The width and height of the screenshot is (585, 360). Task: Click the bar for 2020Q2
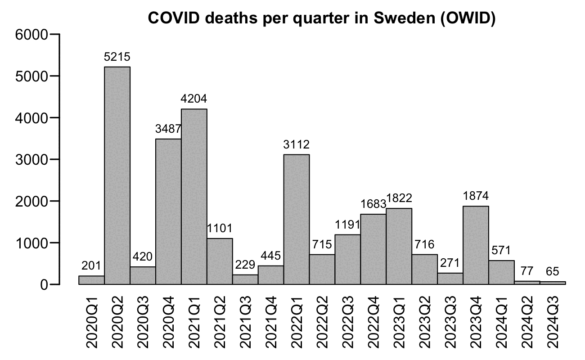pyautogui.click(x=117, y=175)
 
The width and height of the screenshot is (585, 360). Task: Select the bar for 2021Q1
pyautogui.click(x=194, y=196)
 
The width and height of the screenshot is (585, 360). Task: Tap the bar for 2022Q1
pyautogui.click(x=297, y=219)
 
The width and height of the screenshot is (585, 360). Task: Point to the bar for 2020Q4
pyautogui.click(x=168, y=211)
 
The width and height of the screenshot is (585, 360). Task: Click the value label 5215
pyautogui.click(x=117, y=58)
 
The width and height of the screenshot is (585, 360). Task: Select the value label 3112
pyautogui.click(x=297, y=145)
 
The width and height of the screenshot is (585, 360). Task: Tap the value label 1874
pyautogui.click(x=476, y=197)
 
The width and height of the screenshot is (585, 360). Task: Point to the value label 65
pyautogui.click(x=553, y=272)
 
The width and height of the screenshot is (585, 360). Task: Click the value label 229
pyautogui.click(x=245, y=265)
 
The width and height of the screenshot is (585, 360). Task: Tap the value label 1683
pyautogui.click(x=373, y=204)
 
